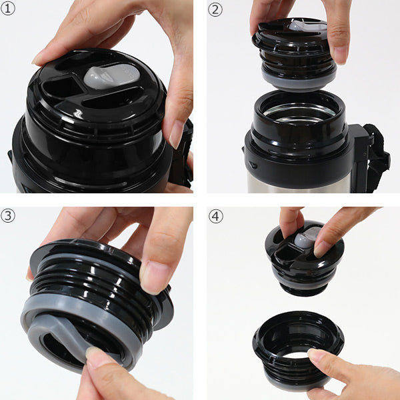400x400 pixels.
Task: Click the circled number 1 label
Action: pos(8,9)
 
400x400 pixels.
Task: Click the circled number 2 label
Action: pos(215,10)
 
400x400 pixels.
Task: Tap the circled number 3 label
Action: pos(8,216)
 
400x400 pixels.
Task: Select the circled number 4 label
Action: pos(216,216)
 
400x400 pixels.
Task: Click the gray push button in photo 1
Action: pos(112,76)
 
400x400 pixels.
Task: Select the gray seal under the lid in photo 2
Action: pos(299,80)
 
